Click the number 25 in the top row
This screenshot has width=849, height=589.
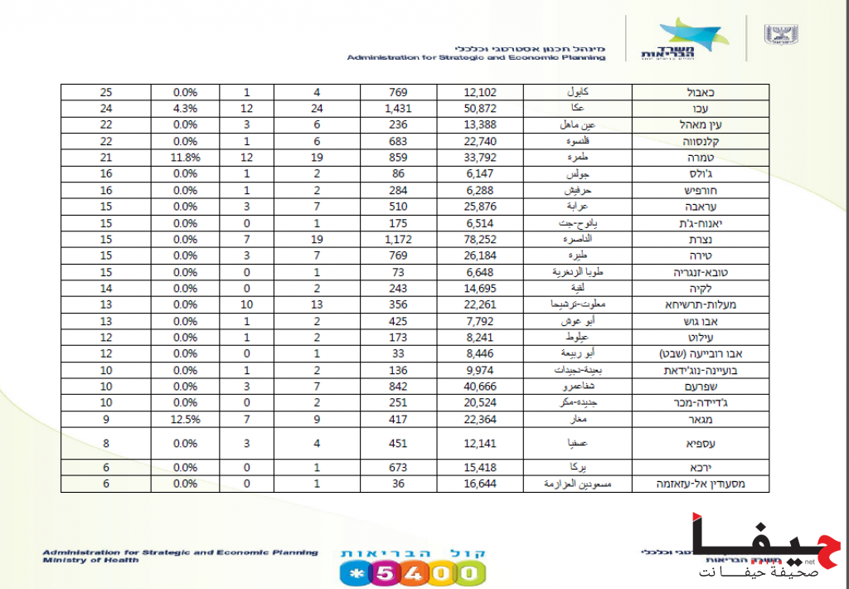105,92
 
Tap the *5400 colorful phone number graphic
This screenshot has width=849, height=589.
412,572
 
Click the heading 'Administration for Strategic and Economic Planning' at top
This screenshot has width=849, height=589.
476,58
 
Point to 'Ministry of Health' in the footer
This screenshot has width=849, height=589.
91,560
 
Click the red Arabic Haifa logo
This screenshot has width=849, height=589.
768,544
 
